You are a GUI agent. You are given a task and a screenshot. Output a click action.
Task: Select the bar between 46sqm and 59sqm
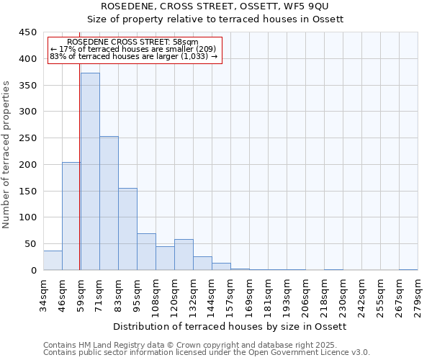(x=71, y=216)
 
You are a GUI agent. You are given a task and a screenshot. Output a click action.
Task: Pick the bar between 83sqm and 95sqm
(x=127, y=229)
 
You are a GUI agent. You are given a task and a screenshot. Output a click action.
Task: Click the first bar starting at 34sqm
(x=53, y=261)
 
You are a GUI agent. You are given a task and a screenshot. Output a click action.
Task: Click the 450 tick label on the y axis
(x=28, y=32)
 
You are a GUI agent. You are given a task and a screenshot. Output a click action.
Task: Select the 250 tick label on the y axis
(x=28, y=138)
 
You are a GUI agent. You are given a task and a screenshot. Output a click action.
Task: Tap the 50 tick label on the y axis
(x=31, y=244)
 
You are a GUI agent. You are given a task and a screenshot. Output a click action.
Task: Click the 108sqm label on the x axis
(x=156, y=294)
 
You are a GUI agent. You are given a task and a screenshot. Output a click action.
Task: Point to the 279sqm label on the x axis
(x=418, y=294)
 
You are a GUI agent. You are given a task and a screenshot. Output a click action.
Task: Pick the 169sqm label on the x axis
(x=250, y=294)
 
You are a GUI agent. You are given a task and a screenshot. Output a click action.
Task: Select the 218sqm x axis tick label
(x=325, y=294)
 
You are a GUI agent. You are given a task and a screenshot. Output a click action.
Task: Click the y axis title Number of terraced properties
(x=6, y=155)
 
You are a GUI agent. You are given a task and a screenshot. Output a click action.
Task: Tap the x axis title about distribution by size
(x=230, y=326)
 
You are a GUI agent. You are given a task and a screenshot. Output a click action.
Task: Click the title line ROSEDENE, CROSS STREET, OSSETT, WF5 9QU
(x=230, y=6)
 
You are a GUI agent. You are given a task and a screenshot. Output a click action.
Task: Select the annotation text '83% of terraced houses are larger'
(x=134, y=56)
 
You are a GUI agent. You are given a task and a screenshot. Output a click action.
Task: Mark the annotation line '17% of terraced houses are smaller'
(x=134, y=49)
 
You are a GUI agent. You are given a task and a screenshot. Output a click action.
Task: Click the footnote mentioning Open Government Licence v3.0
(x=207, y=352)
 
